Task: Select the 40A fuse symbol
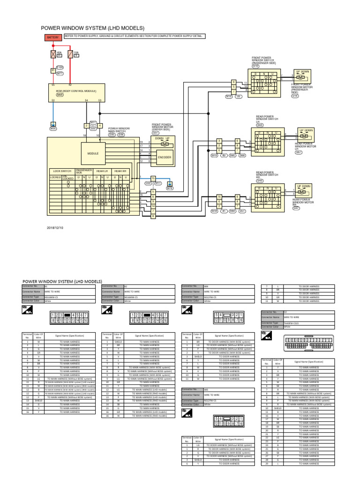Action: tap(53, 54)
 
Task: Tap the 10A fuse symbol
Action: tap(70, 54)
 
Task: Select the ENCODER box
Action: tap(165, 157)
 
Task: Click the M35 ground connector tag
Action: tap(53, 128)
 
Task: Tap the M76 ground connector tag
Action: tap(170, 188)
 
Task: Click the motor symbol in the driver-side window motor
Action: tap(165, 144)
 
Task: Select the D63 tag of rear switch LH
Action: tap(260, 125)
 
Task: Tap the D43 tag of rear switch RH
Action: tap(260, 180)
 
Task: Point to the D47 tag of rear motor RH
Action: tap(296, 208)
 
